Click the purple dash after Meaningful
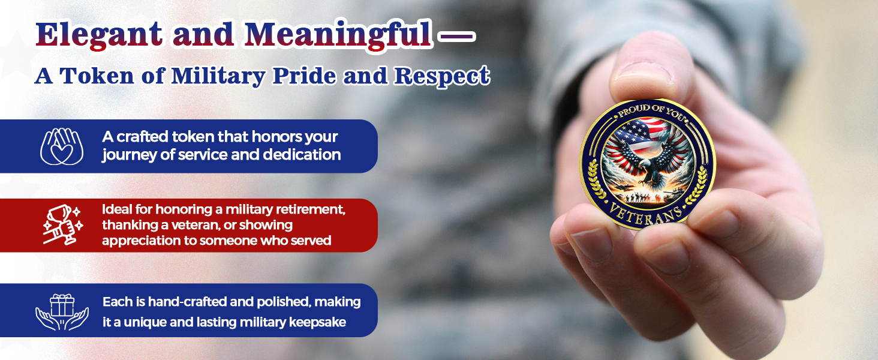click(457, 37)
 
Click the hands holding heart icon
click(62, 146)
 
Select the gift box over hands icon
click(62, 311)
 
